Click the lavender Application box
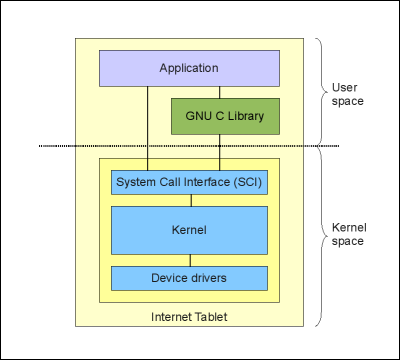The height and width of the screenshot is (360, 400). point(188,68)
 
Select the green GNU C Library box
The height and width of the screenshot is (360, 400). point(225,116)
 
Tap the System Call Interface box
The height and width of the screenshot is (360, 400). point(190,183)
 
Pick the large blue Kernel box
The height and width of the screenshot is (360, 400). point(189,230)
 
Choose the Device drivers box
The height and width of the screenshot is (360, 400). point(189,277)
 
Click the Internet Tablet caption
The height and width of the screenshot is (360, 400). point(189,317)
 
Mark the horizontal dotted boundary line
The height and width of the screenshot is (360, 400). point(60,147)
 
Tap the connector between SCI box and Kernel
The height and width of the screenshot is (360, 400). point(189,201)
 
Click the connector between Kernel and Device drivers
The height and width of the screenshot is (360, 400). point(189,260)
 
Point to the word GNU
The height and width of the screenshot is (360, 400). point(199,116)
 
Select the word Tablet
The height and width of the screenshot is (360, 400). point(211,317)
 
